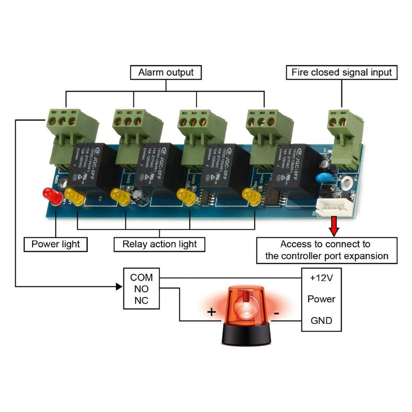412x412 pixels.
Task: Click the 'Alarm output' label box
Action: pos(166,72)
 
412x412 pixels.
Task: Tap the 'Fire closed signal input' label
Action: pos(341,72)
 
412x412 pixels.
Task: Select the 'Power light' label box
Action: pos(55,244)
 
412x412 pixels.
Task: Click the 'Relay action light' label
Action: pos(159,244)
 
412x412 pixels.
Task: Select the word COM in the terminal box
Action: pos(141,277)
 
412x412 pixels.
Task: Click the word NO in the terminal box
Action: pos(141,289)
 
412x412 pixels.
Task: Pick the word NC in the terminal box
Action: pos(141,300)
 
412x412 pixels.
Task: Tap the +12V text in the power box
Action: pos(321,278)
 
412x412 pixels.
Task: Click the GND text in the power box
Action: pos(321,321)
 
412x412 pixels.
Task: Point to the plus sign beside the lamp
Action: pos(211,312)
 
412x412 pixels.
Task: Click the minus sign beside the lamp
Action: pos(277,313)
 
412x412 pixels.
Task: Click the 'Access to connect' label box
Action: pos(327,250)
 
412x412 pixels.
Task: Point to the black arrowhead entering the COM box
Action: pos(119,286)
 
